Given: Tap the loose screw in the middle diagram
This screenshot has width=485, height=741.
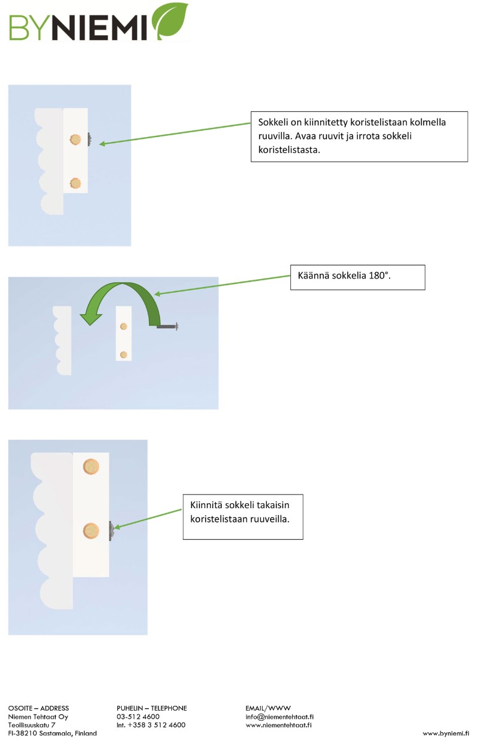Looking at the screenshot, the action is tap(168, 326).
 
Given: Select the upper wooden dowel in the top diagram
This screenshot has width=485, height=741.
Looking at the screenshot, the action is tap(75, 140).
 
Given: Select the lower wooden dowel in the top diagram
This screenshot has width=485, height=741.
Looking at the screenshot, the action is tap(75, 183).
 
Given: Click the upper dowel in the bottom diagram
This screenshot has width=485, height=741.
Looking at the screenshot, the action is tap(91, 466).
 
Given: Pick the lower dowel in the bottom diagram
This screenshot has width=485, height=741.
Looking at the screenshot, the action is tap(91, 531).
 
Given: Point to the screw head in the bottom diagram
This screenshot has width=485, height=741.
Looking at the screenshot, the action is tap(112, 530).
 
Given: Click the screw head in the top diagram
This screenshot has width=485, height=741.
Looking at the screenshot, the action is tap(90, 140).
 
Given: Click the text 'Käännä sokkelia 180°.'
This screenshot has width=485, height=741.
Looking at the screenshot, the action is tap(344, 275).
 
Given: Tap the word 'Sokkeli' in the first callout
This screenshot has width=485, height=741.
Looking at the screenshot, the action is tap(271, 122).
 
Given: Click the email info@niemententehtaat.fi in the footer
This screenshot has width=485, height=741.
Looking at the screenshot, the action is tap(279, 716).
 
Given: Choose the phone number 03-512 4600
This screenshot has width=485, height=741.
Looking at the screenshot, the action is tap(138, 716).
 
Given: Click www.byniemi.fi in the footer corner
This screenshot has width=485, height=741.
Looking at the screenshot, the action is tap(445, 734).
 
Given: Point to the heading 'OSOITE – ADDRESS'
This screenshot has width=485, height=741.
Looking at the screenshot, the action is tap(38, 708).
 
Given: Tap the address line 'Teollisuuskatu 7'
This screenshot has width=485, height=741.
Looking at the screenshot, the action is tap(32, 725).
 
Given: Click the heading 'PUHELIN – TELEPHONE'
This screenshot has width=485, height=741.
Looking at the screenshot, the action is tap(151, 708).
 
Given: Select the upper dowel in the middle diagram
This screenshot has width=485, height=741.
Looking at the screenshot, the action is tap(124, 327).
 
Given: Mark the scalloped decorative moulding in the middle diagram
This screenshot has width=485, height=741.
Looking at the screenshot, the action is tap(62, 340).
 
